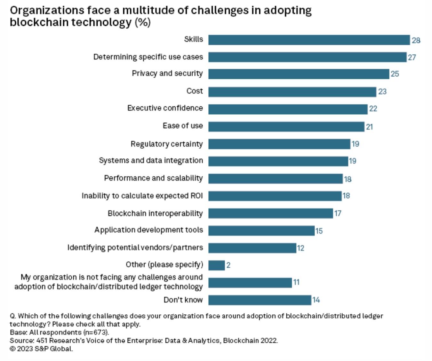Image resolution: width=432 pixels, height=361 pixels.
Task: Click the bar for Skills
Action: point(309,40)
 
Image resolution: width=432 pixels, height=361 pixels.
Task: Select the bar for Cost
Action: point(292,92)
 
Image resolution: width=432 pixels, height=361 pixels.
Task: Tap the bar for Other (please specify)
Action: point(217,265)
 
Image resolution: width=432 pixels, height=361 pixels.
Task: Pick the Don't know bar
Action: point(260,300)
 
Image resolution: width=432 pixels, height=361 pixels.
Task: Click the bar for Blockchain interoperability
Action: point(270,213)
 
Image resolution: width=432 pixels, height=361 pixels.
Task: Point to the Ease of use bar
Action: point(286,127)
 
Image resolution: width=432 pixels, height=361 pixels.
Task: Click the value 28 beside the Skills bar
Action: point(416,40)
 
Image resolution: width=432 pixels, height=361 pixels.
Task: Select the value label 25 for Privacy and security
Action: point(395,74)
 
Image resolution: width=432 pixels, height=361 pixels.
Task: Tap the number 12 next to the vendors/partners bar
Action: point(300,248)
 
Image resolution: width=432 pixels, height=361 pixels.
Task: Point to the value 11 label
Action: point(296,282)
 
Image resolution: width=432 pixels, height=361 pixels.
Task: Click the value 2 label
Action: point(228,265)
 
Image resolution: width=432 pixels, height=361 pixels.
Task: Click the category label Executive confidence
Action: point(165,108)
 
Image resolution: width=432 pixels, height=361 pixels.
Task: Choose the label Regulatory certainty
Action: point(166,144)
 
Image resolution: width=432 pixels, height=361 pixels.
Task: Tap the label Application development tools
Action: point(148,230)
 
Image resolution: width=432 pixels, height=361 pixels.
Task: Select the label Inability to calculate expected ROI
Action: point(142,196)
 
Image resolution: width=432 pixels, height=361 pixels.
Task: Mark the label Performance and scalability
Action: point(153,178)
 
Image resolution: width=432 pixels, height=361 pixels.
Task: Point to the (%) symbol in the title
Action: point(142,22)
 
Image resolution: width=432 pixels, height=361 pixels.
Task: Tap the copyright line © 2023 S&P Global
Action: point(41,349)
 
